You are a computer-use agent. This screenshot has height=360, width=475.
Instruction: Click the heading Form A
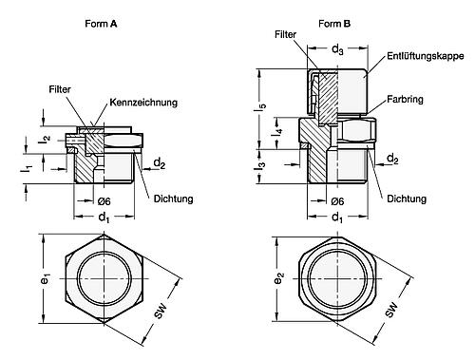(x=101, y=24)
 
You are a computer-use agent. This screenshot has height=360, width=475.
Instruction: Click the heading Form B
(x=334, y=24)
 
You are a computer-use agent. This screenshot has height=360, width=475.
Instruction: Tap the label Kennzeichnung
(x=143, y=103)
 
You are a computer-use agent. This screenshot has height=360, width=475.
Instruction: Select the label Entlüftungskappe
(x=426, y=56)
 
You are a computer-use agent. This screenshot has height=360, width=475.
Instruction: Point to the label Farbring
(x=405, y=100)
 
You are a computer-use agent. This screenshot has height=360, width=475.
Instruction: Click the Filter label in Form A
(x=60, y=89)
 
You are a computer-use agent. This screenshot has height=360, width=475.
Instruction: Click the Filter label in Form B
(x=285, y=34)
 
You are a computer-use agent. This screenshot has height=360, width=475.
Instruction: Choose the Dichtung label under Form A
(x=173, y=199)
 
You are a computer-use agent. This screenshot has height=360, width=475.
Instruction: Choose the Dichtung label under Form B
(x=407, y=199)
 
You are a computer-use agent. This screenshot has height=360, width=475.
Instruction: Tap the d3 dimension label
(x=337, y=49)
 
